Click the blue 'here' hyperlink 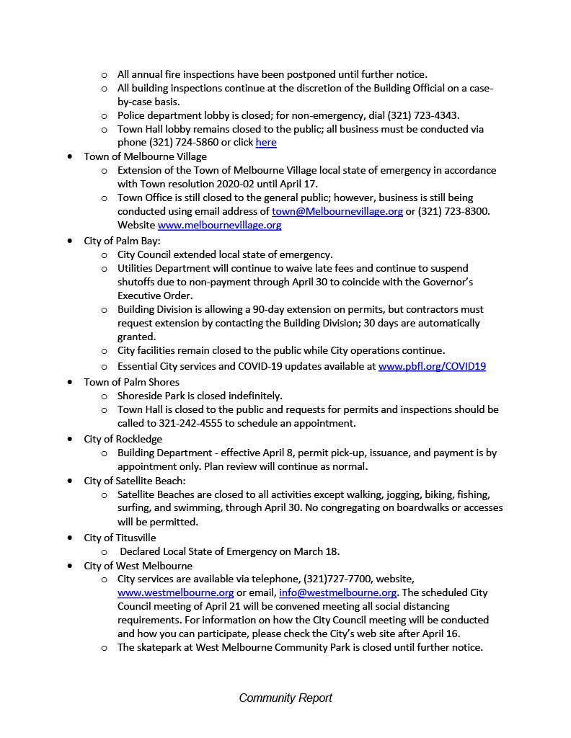click(266, 143)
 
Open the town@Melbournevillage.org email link click(337, 211)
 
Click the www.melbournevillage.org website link click(219, 225)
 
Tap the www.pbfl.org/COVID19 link click(432, 366)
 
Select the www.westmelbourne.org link click(175, 592)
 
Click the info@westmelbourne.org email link click(337, 592)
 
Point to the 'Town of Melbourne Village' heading click(145, 156)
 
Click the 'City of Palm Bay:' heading click(122, 241)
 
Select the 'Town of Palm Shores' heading click(131, 382)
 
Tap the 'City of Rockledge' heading click(123, 439)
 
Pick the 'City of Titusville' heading click(120, 538)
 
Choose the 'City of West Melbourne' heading click(138, 566)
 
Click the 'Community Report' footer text click(285, 698)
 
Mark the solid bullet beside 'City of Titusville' click(68, 538)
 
